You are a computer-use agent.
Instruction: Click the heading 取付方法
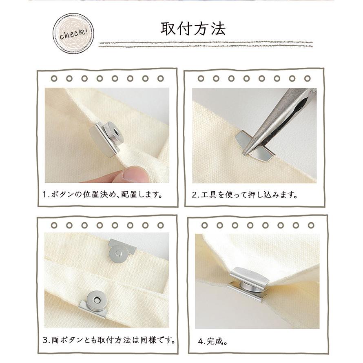[193, 28]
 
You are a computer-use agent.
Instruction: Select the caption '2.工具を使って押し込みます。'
[244, 195]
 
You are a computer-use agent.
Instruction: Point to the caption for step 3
[109, 339]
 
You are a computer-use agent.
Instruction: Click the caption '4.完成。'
[212, 341]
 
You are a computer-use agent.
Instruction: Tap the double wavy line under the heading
[206, 44]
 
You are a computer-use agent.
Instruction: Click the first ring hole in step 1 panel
[54, 78]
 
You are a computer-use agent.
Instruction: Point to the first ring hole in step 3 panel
[54, 225]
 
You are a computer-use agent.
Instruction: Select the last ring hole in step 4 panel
[311, 225]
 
